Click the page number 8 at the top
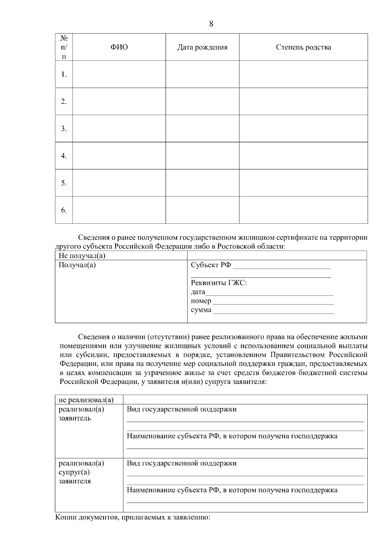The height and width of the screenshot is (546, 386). pos(211,24)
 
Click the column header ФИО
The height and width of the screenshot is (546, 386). pos(119,47)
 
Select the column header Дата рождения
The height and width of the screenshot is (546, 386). pos(202,47)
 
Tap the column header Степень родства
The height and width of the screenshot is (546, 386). pos(303,47)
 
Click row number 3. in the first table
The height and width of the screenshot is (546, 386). pos(64,129)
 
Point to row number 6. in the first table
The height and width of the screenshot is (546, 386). pos(64,210)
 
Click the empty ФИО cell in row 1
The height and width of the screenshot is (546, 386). pos(119,74)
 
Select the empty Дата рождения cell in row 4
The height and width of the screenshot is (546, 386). pos(202,156)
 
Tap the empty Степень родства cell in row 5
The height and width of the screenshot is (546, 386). pos(303,183)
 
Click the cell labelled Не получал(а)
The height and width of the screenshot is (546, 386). pos(82,256)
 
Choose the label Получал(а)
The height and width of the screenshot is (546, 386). pos(77,265)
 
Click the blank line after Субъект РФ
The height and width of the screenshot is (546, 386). pos(281,266)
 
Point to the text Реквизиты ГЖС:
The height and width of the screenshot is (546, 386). pos(219,283)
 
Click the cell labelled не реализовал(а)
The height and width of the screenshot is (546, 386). pos(86,400)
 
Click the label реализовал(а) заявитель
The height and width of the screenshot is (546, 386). pos(81,414)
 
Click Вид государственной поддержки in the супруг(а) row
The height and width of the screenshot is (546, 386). pos(182,463)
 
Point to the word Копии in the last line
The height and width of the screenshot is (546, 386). pos(65,518)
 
